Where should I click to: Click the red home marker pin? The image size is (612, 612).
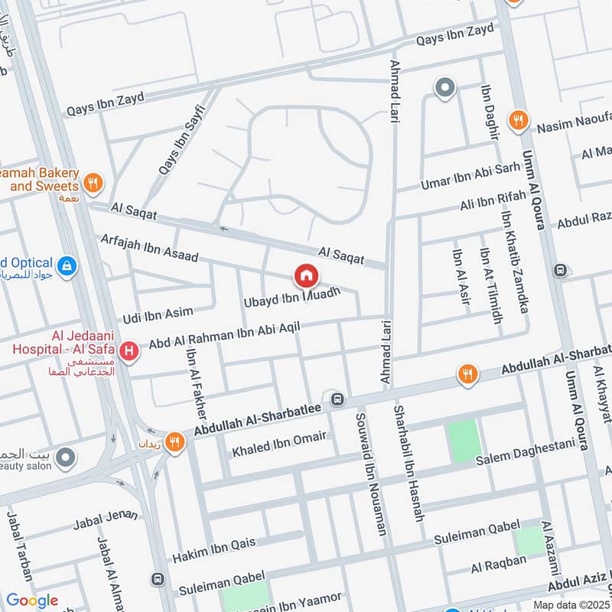[x=306, y=275]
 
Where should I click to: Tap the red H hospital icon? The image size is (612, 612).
[x=130, y=351]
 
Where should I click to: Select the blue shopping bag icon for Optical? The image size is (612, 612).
[x=67, y=265]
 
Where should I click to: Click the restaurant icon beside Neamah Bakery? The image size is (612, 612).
[x=93, y=182]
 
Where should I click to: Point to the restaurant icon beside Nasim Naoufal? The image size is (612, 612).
[x=519, y=119]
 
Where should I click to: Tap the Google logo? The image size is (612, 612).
[x=32, y=601]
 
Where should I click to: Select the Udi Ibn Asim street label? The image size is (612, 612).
[x=158, y=313]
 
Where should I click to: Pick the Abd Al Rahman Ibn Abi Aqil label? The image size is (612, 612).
[x=223, y=335]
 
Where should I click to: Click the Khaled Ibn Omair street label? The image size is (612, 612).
[x=279, y=443]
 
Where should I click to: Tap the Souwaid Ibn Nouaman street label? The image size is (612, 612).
[x=371, y=474]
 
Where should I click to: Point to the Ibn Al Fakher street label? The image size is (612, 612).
[x=197, y=391]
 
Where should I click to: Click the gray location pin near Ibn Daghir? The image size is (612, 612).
[x=444, y=89]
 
